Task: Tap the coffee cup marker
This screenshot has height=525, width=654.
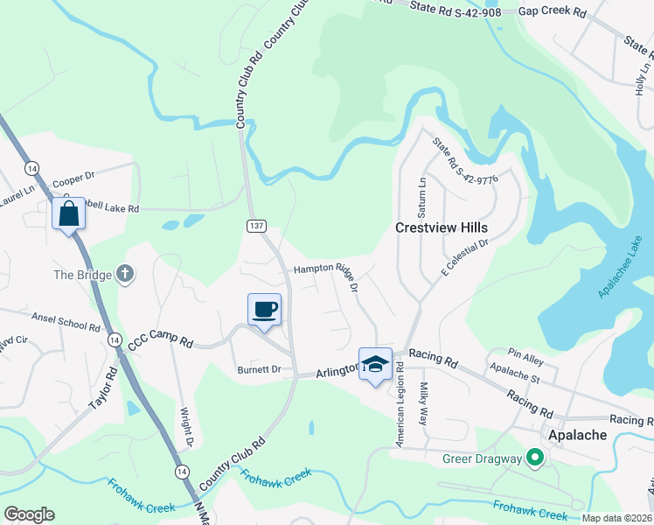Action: pyautogui.click(x=264, y=309)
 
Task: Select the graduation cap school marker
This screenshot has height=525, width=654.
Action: pyautogui.click(x=375, y=364)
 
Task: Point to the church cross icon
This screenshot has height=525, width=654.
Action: pyautogui.click(x=125, y=275)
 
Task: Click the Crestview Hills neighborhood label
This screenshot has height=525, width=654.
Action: pyautogui.click(x=441, y=227)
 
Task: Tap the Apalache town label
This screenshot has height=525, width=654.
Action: pyautogui.click(x=573, y=434)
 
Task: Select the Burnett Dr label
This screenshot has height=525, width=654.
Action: pyautogui.click(x=259, y=370)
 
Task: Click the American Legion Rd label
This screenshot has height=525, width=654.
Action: pyautogui.click(x=401, y=407)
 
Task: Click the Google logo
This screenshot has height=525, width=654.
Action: pyautogui.click(x=29, y=514)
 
